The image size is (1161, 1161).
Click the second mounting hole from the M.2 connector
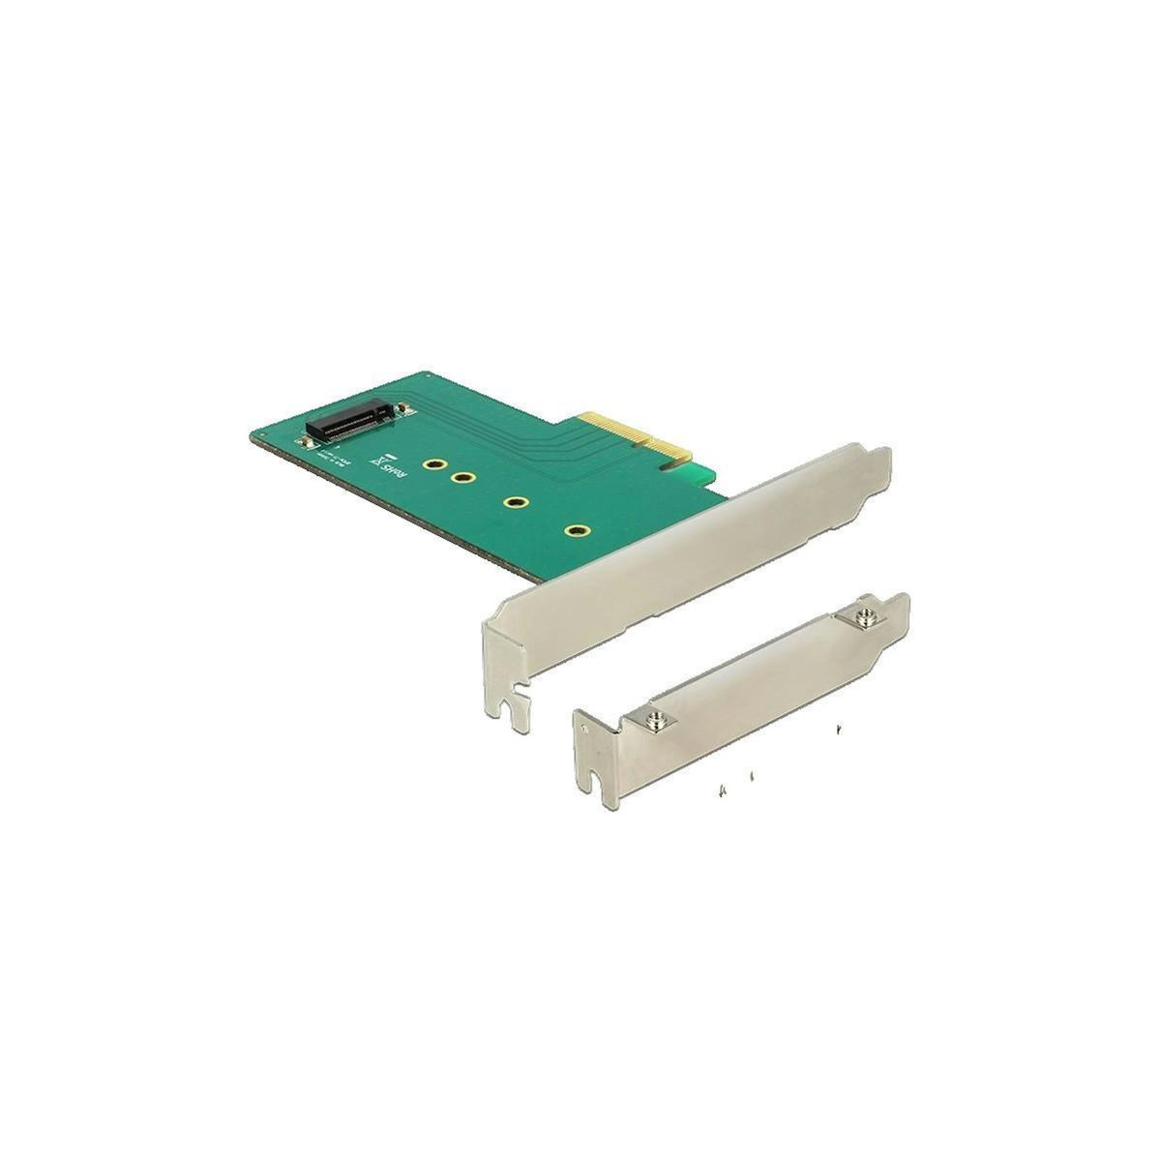click(463, 477)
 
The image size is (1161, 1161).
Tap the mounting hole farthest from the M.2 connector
click(579, 530)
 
